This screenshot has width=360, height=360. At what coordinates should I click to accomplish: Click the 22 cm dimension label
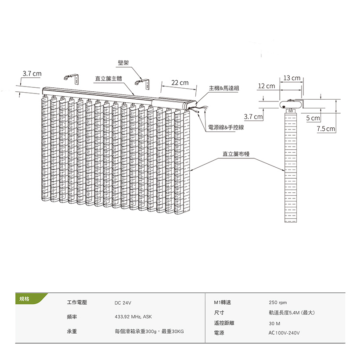pyautogui.click(x=180, y=83)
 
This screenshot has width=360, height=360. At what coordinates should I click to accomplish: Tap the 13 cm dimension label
pyautogui.click(x=292, y=78)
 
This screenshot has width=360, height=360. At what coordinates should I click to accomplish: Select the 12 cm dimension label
pyautogui.click(x=266, y=86)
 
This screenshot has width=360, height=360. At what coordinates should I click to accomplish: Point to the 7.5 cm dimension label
pyautogui.click(x=326, y=129)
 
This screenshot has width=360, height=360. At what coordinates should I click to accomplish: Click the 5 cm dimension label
pyautogui.click(x=313, y=119)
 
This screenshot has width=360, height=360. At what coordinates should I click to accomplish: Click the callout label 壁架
pyautogui.click(x=123, y=63)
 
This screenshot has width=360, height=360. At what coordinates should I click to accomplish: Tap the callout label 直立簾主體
pyautogui.click(x=108, y=79)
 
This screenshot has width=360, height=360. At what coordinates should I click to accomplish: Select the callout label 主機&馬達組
pyautogui.click(x=224, y=88)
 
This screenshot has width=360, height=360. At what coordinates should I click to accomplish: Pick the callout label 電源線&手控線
pyautogui.click(x=226, y=127)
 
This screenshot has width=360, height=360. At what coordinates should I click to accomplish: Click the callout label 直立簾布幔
pyautogui.click(x=236, y=154)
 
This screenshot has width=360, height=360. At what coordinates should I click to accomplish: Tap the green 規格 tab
pyautogui.click(x=25, y=299)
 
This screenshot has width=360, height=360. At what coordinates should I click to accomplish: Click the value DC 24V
pyautogui.click(x=123, y=303)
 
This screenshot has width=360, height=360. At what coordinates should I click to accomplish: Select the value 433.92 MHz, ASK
pyautogui.click(x=133, y=317)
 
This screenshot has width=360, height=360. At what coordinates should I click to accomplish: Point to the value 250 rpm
pyautogui.click(x=277, y=302)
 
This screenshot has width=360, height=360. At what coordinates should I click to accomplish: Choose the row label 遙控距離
pyautogui.click(x=224, y=323)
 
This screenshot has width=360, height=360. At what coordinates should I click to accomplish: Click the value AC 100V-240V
pyautogui.click(x=284, y=333)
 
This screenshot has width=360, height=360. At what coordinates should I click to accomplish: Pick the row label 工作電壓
pyautogui.click(x=77, y=302)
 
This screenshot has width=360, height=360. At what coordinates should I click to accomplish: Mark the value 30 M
pyautogui.click(x=274, y=323)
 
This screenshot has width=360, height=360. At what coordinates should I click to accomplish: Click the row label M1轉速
pyautogui.click(x=222, y=302)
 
